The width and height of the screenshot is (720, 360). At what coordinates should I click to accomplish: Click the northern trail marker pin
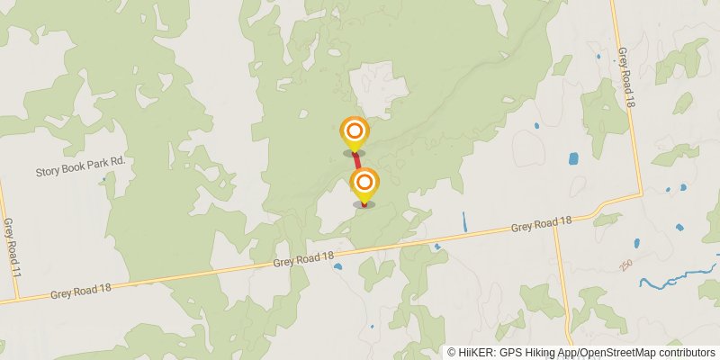[354, 131]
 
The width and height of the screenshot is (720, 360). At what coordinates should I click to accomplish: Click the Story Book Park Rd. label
[79, 171]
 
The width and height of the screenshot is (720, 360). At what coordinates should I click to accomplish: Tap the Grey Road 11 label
[9, 245]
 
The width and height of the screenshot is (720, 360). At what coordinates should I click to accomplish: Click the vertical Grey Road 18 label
[625, 78]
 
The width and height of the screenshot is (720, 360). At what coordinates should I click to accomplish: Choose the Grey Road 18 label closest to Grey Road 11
[81, 289]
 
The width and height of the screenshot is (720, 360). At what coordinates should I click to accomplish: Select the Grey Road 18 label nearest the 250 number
[542, 224]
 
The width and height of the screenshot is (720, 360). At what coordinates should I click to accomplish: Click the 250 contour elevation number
[625, 265]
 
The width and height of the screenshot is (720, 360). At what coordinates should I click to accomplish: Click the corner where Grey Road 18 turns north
[641, 193]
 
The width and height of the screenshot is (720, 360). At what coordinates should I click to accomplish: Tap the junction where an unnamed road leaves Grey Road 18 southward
[555, 225]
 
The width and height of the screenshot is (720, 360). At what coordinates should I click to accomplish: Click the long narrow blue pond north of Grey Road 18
[464, 221]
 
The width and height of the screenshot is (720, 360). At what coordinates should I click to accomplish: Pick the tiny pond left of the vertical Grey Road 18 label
[598, 57]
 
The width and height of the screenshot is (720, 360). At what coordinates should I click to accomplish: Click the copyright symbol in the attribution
[452, 353]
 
